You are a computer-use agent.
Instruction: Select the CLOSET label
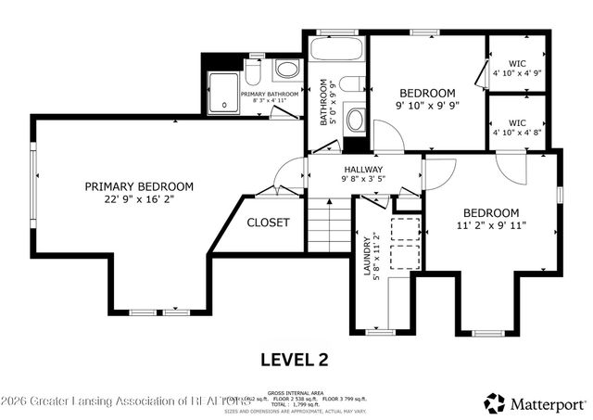coord(268,223)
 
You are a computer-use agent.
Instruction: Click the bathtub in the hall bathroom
coord(337,49)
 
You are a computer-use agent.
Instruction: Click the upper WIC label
coord(517,64)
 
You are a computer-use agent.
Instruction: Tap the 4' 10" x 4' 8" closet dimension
coord(517,133)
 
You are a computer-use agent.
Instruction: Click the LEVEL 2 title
coord(293,359)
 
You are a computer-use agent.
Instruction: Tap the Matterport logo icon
coord(495,403)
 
